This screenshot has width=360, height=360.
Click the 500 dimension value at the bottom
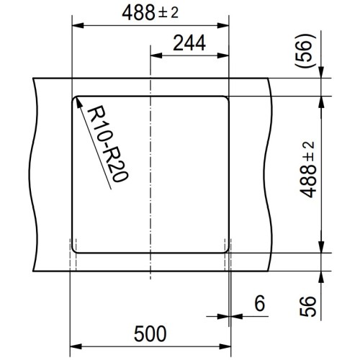pyautogui.click(x=150, y=333)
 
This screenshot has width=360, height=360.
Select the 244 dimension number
pyautogui.click(x=188, y=43)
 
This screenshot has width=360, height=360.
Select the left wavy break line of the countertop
pyautogui.click(x=35, y=173)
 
